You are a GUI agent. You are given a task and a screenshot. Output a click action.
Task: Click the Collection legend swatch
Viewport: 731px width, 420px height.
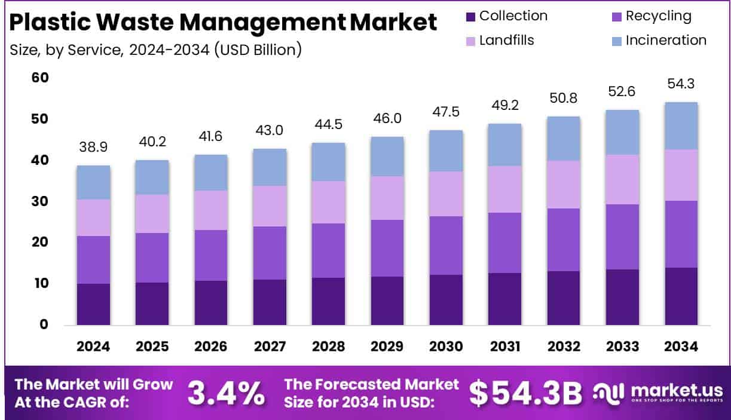click(471, 17)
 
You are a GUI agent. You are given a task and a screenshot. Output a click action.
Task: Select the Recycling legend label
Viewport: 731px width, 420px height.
click(658, 16)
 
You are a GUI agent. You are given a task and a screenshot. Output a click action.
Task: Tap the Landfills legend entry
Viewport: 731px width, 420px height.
click(506, 41)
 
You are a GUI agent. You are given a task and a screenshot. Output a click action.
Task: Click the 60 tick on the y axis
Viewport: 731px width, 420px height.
click(40, 78)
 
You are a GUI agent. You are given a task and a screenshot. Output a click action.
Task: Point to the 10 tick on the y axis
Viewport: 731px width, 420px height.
click(40, 283)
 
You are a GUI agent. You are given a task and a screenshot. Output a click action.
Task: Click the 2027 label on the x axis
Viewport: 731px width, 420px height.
click(269, 347)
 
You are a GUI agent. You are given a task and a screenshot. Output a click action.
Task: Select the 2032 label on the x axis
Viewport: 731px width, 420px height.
click(563, 347)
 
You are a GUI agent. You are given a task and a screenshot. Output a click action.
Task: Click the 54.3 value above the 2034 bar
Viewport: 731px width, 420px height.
click(681, 85)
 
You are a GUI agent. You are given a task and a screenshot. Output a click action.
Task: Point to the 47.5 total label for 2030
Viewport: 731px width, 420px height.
click(446, 113)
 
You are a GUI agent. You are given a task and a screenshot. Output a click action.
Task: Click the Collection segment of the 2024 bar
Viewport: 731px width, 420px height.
click(93, 304)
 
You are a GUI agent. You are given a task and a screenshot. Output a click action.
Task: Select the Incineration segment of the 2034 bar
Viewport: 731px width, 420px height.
click(681, 125)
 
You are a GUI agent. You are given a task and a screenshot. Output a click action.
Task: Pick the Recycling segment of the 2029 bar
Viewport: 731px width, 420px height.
click(387, 248)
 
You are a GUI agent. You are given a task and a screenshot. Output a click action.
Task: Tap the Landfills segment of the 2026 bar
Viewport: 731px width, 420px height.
click(210, 210)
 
